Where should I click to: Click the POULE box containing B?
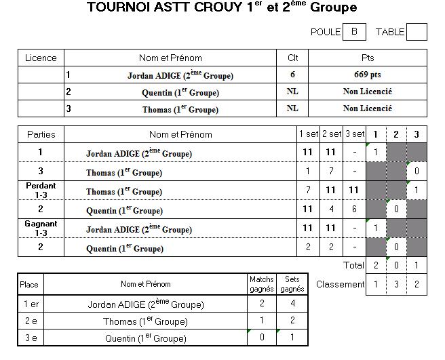pos(354,32)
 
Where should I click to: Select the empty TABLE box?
pos(417,32)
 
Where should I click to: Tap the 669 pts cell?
pos(368,75)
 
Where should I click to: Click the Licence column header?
pos(41,58)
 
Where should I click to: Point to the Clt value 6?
pos(292,75)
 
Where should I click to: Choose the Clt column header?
pos(292,58)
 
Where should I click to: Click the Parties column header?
pos(41,134)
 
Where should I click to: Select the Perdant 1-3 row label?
pos(41,191)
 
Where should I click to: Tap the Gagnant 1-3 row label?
pos(41,228)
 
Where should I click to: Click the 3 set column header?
pos(355,134)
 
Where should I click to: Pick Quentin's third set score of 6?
pos(354,209)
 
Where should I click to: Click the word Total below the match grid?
pos(353,265)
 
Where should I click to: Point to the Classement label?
pos(340,284)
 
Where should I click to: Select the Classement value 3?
pos(396,284)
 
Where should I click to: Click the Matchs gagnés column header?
pos(262,284)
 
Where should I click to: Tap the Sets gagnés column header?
pos(292,284)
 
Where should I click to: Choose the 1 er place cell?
pos(31,304)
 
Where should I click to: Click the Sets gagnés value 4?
pos(292,304)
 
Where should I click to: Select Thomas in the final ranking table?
pos(145,321)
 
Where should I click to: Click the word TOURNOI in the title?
pos(118,7)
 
